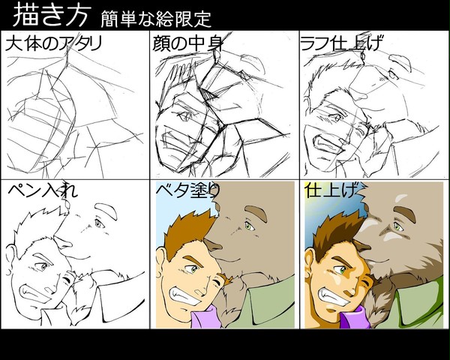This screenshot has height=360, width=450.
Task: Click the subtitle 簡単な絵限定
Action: pyautogui.click(x=156, y=19)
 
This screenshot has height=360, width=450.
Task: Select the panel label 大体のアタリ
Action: pyautogui.click(x=54, y=43)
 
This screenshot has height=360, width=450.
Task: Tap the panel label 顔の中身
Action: pyautogui.click(x=187, y=43)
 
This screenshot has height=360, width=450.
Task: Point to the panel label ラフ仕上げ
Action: pyautogui.click(x=341, y=43)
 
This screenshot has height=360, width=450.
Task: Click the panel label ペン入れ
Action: pyautogui.click(x=43, y=190)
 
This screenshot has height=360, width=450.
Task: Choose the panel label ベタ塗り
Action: pyautogui.click(x=188, y=190)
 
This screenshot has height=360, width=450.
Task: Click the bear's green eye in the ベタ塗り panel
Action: pyautogui.click(x=248, y=226)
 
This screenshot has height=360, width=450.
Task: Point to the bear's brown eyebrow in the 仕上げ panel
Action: pyautogui.click(x=406, y=213)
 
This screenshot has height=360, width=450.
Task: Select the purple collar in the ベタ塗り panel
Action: pyautogui.click(x=207, y=317)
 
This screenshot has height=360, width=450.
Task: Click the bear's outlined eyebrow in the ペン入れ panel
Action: pyautogui.click(x=106, y=211)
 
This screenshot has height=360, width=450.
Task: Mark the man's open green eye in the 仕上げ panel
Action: pyautogui.click(x=342, y=269)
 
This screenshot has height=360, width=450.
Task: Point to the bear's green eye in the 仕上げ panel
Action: pyautogui.click(x=397, y=226)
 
